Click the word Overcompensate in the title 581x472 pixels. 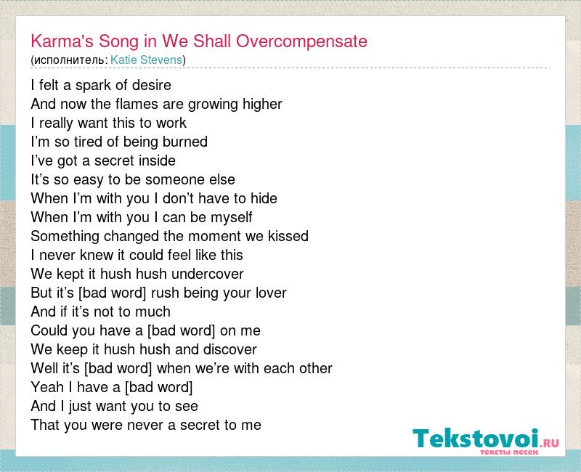[x=301, y=41]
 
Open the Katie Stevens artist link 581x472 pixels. [x=147, y=60]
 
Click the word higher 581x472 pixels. [x=262, y=105]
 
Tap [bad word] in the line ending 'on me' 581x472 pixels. [x=181, y=331]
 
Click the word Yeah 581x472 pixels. [x=47, y=388]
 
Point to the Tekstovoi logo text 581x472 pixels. [x=476, y=439]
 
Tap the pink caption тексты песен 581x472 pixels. [x=509, y=452]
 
